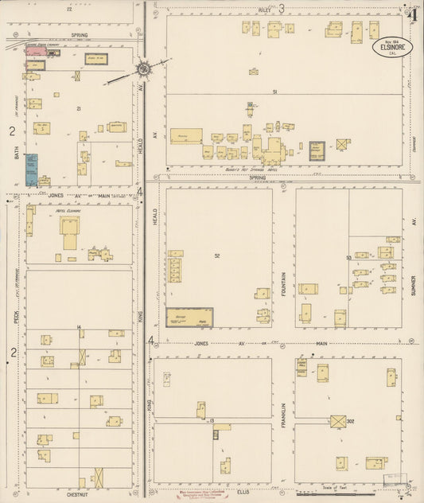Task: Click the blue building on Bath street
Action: click(31, 170)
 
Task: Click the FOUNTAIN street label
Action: click(284, 283)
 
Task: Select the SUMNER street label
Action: click(414, 279)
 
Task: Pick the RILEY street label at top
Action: click(263, 10)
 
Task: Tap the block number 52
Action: click(216, 255)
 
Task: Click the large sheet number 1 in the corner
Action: click(414, 12)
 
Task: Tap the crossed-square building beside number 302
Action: click(337, 420)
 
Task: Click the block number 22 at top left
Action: click(69, 9)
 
